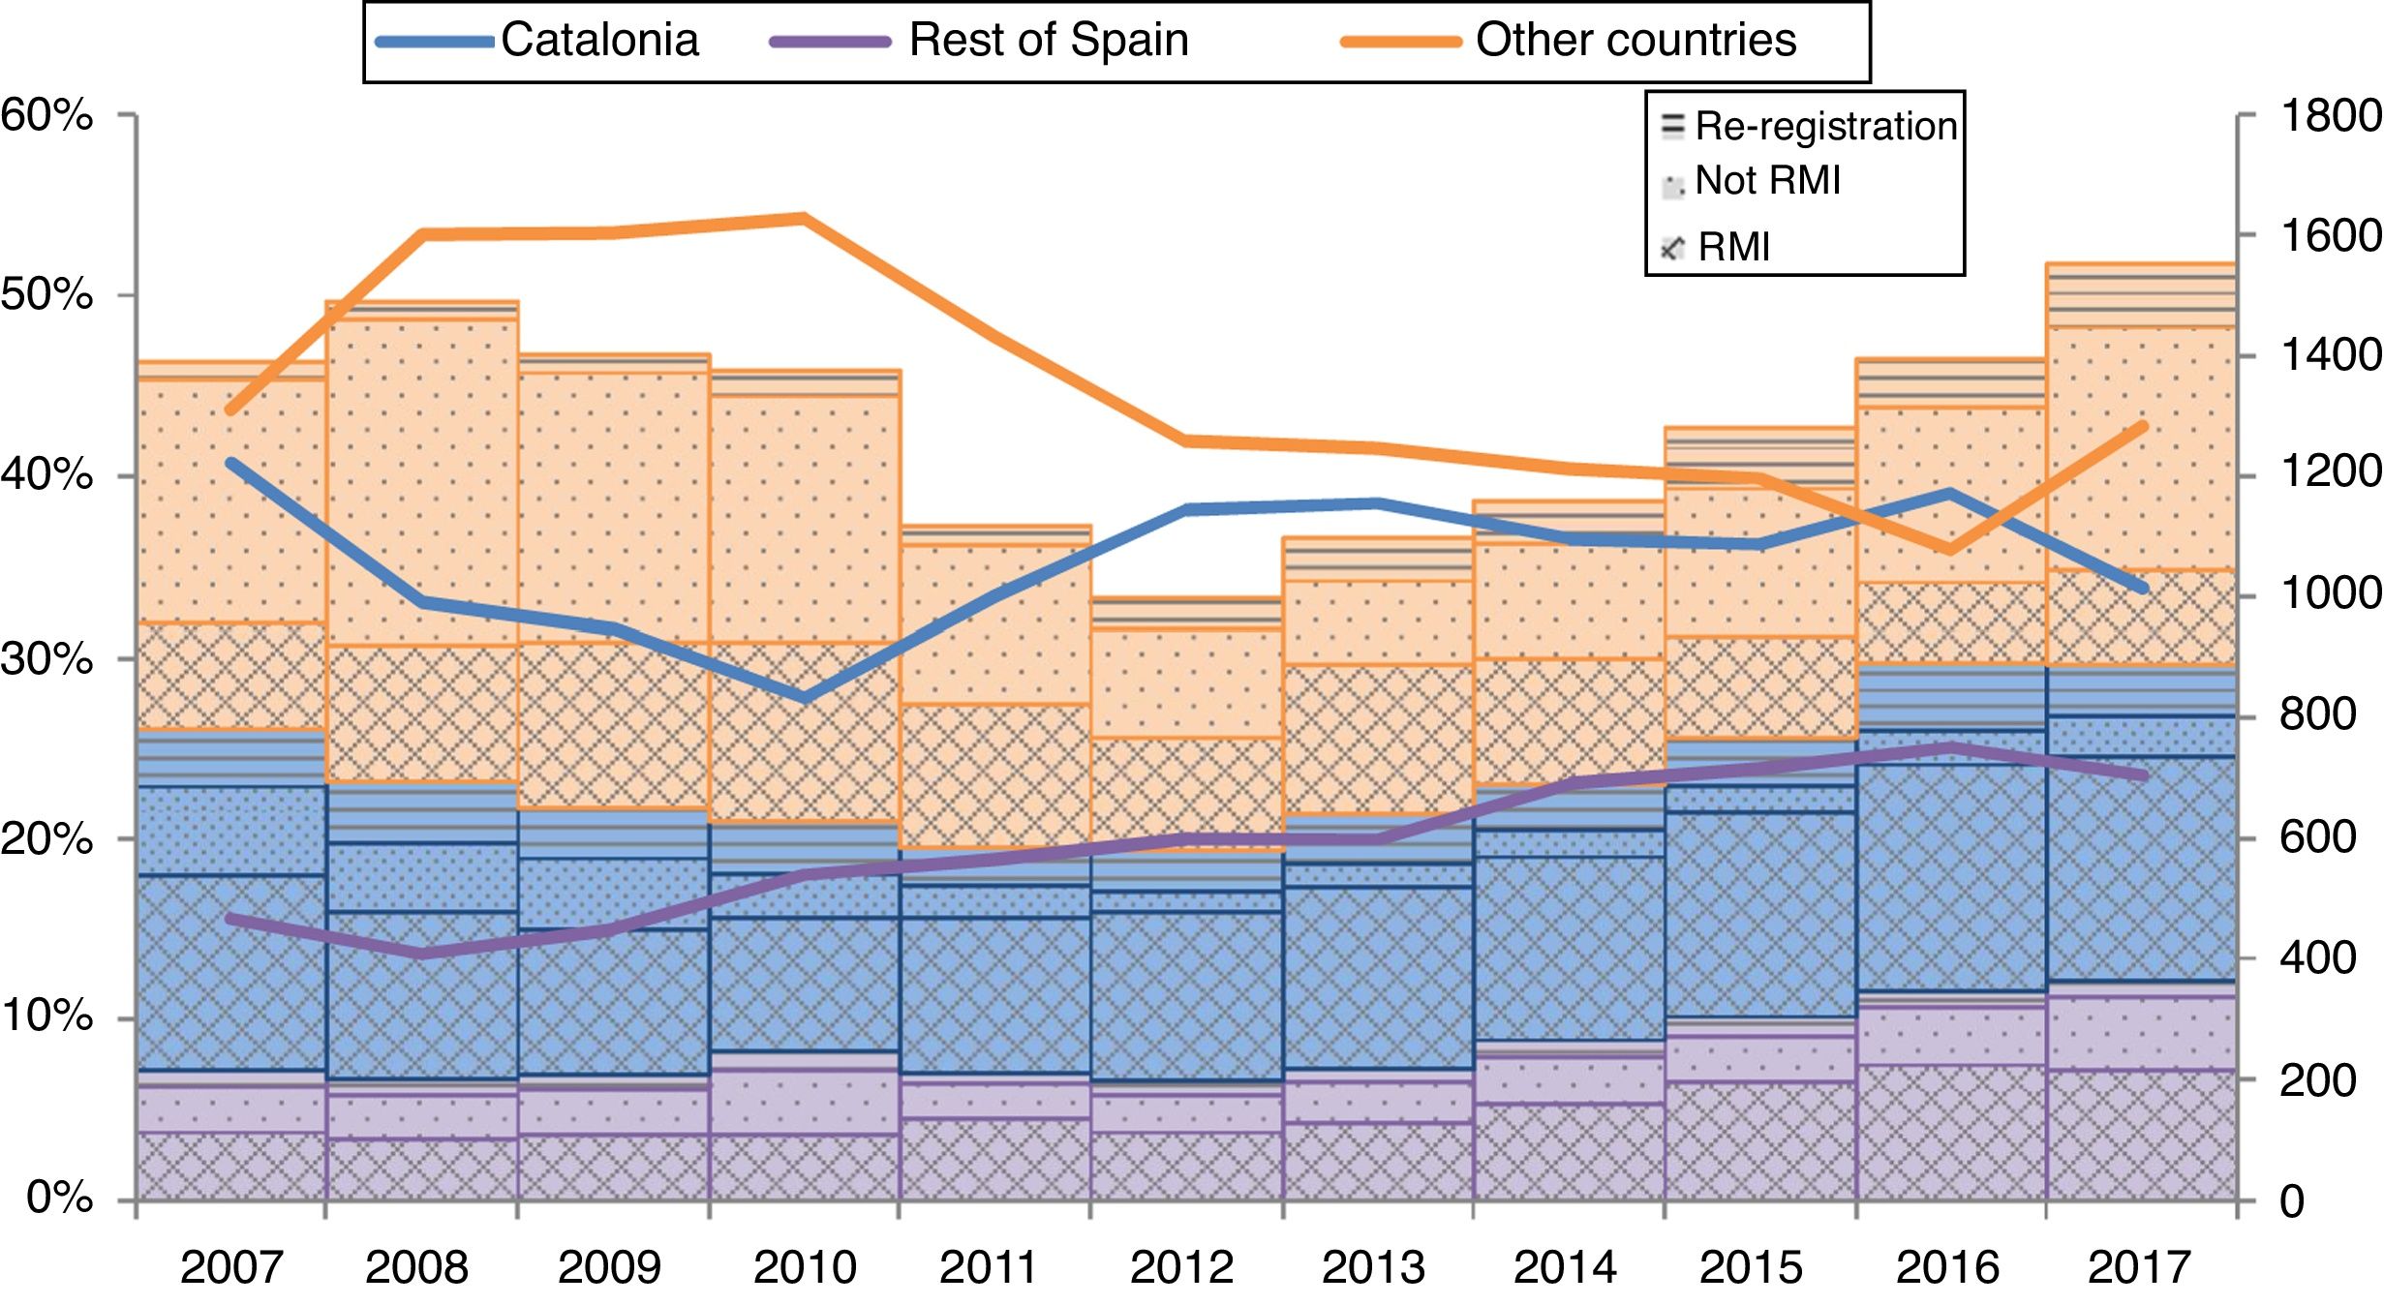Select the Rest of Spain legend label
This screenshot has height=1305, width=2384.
[1048, 41]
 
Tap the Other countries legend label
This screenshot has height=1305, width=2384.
[1635, 41]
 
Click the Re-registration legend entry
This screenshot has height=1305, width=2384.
[1824, 127]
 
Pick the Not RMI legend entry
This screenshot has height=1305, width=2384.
[1766, 181]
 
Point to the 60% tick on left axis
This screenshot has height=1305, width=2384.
[46, 115]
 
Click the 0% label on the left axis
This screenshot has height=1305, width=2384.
[59, 1199]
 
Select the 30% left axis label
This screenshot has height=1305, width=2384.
[46, 659]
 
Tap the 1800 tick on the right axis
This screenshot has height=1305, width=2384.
[2330, 115]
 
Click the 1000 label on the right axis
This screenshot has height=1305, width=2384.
[2330, 592]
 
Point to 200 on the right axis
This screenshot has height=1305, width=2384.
[2317, 1080]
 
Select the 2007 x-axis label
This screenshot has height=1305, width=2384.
[231, 1267]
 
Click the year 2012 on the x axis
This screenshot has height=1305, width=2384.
[1181, 1267]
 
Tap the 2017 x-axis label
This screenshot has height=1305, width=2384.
[2139, 1267]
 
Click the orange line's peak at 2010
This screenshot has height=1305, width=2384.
[804, 218]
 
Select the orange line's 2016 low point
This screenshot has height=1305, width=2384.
[1950, 550]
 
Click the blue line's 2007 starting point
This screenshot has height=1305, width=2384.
[231, 463]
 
